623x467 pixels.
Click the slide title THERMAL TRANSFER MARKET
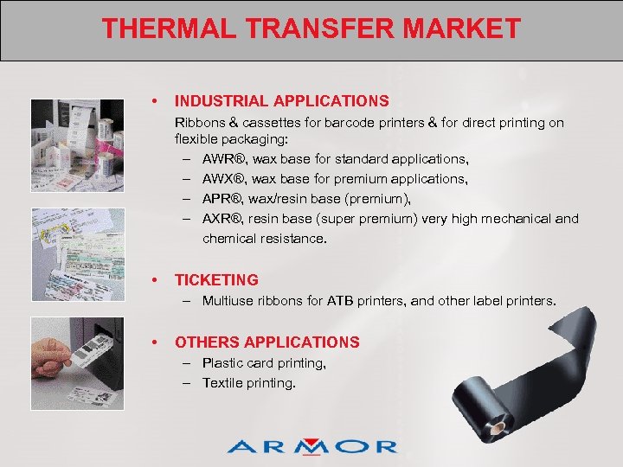point(311,29)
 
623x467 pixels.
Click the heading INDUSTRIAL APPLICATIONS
point(282,101)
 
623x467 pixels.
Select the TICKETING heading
point(216,279)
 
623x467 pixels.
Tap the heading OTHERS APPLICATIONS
point(267,342)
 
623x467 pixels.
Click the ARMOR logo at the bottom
point(312,446)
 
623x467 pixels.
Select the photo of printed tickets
point(77,251)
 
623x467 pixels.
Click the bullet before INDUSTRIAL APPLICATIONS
point(153,101)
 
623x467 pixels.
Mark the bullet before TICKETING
point(153,279)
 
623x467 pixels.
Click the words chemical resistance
point(265,238)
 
